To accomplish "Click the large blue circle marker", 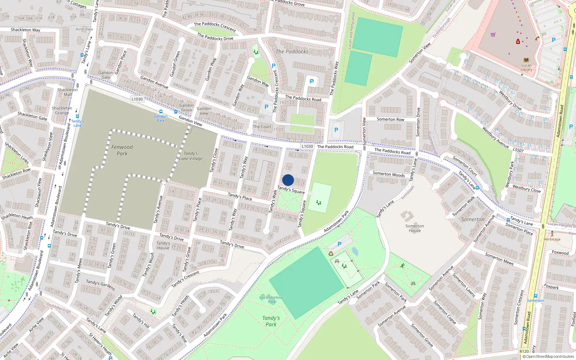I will click(x=288, y=180).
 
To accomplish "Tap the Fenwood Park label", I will click(x=122, y=150).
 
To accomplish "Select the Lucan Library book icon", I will click(x=526, y=60).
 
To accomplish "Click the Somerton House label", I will click(x=415, y=228).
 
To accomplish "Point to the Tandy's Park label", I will click(x=271, y=321).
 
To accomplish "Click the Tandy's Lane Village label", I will click(x=191, y=156).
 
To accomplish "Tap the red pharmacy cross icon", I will click(x=518, y=42).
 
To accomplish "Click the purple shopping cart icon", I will click(x=493, y=35).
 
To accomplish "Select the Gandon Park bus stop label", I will click(x=161, y=118).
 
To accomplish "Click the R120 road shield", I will click(x=524, y=351).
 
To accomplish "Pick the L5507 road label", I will click(x=518, y=150).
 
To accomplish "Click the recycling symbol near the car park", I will click(x=331, y=254).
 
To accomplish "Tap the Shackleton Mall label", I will click(x=68, y=92).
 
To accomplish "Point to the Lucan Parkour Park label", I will click(x=272, y=300).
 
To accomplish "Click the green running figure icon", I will click(x=402, y=266).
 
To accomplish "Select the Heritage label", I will click(x=552, y=239).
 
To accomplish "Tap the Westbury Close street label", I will click(x=526, y=189).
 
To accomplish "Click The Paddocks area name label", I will click(x=292, y=51).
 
